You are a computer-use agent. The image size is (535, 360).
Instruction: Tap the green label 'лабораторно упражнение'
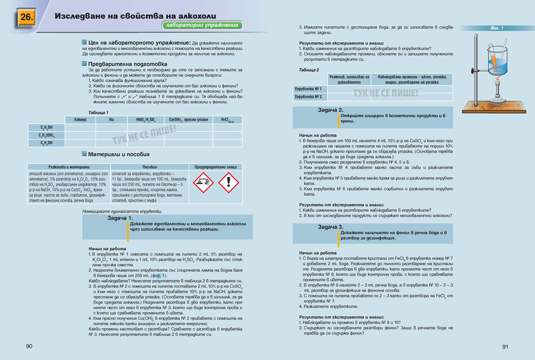click(x=202, y=25)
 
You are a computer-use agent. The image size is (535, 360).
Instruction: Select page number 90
click(x=29, y=347)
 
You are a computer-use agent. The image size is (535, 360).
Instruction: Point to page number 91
click(x=505, y=347)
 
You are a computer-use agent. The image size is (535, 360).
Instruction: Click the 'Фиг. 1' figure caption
click(x=496, y=28)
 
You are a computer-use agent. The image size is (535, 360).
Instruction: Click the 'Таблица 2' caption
click(x=309, y=70)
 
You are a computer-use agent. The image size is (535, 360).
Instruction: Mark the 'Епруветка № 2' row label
click(x=309, y=96)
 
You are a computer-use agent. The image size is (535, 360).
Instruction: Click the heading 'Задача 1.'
click(x=120, y=218)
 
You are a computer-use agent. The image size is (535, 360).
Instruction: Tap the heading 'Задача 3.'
click(x=330, y=227)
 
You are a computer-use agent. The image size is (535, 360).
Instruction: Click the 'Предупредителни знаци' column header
click(x=216, y=166)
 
